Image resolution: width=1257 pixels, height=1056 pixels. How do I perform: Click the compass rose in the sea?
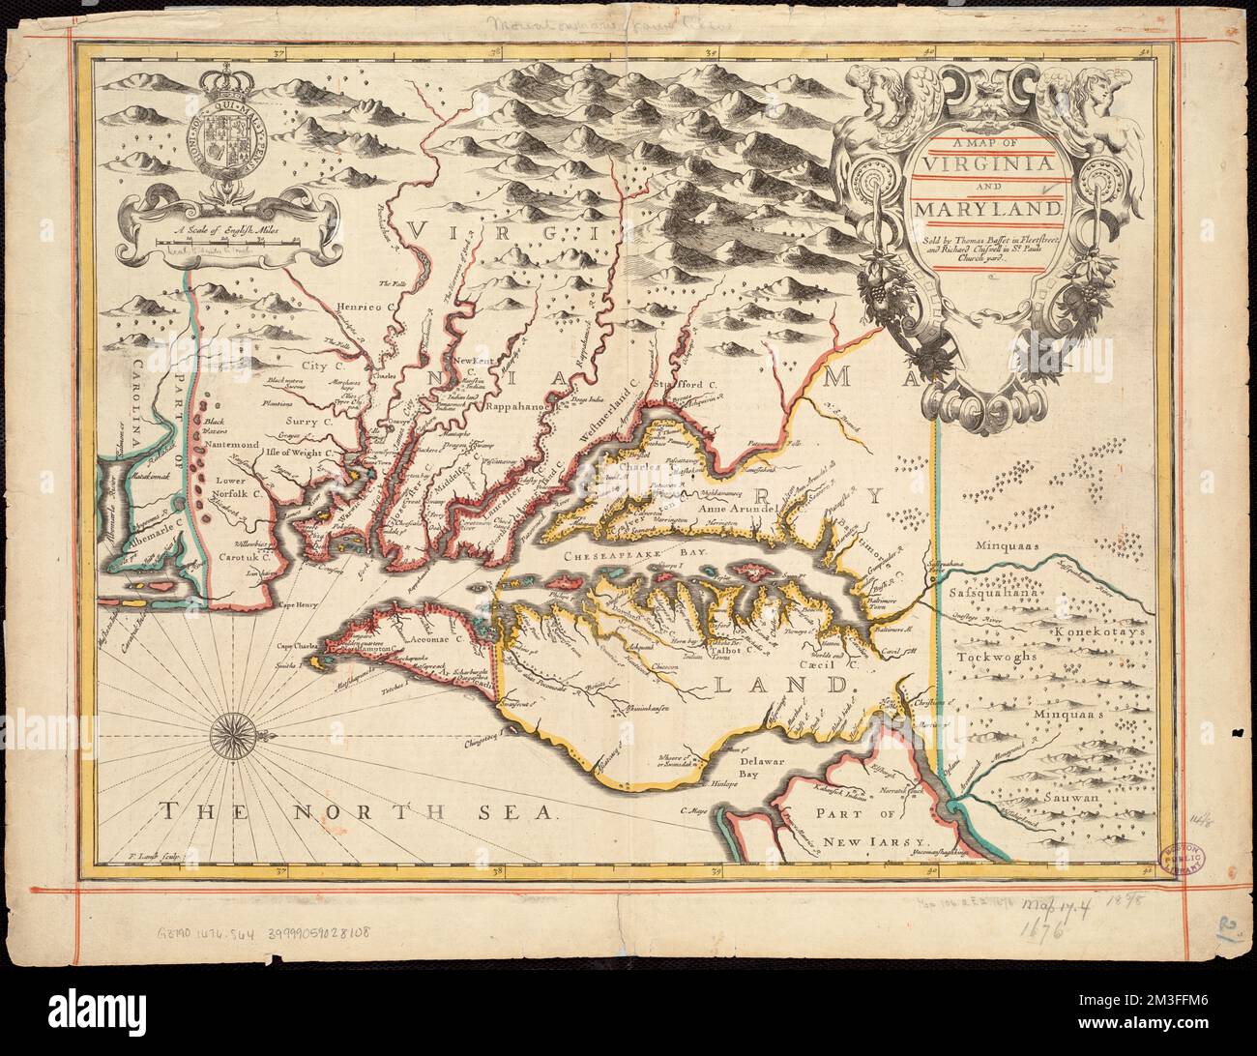tap(233, 735)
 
